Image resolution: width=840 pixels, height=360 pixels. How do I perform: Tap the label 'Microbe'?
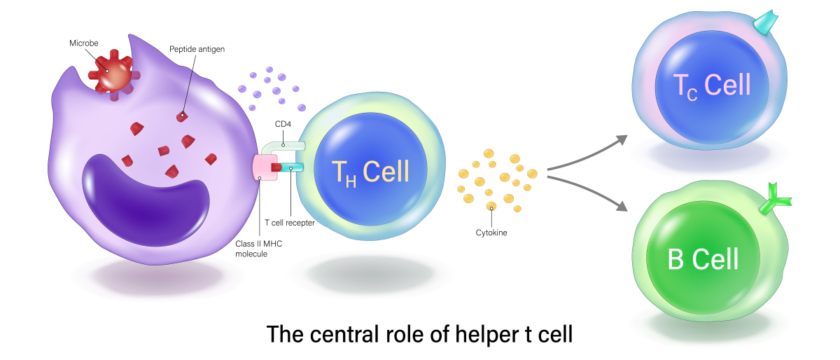(83, 43)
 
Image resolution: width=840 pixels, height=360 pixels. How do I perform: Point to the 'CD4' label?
(283, 126)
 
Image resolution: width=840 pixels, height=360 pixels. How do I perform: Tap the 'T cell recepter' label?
(289, 223)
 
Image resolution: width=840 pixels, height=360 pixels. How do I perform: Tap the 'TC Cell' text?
(711, 85)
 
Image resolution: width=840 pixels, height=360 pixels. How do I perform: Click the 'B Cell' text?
(703, 259)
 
